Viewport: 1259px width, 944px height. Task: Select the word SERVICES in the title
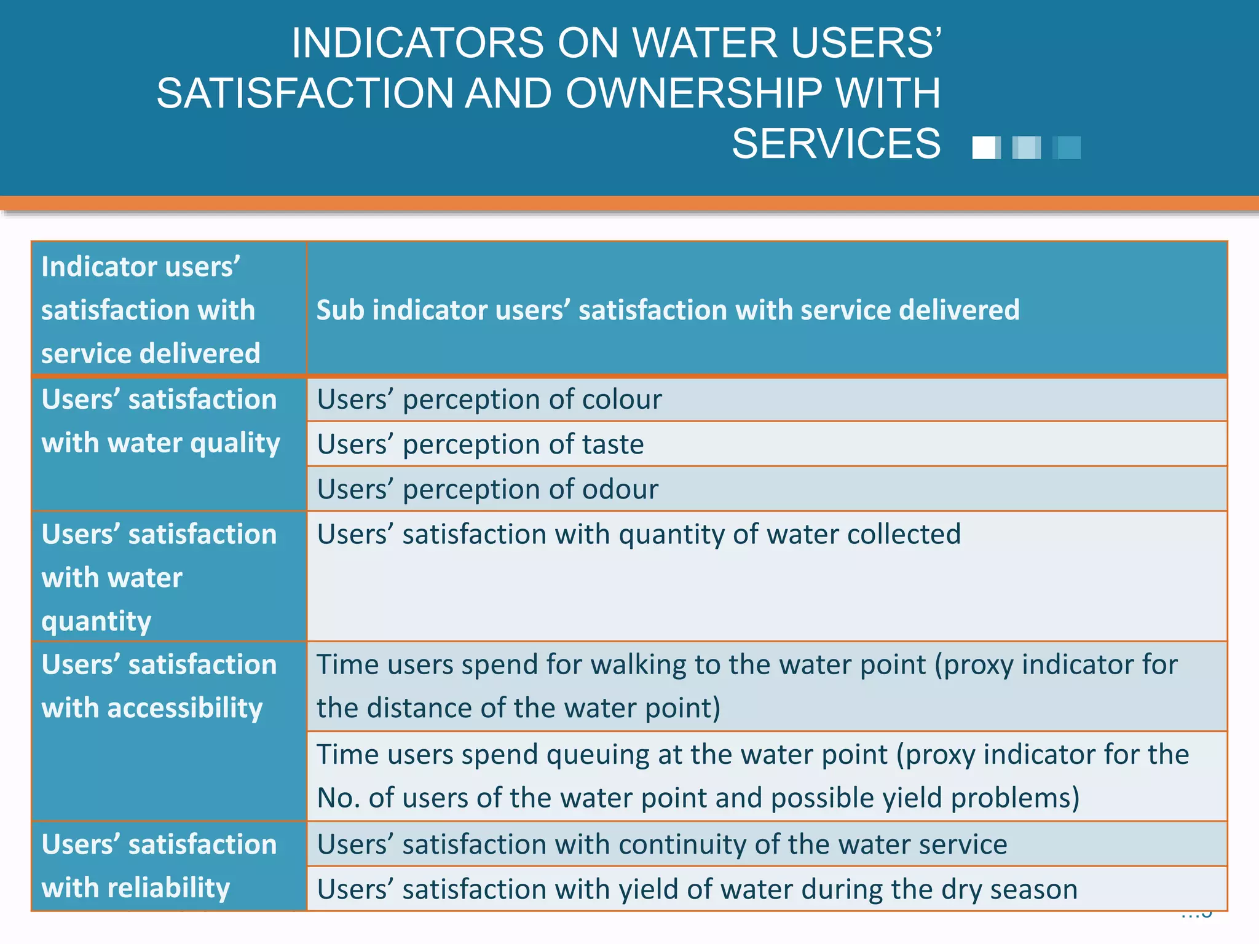(x=835, y=144)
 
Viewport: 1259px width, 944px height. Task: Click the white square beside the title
(x=985, y=148)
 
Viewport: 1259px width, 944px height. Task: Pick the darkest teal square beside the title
(x=1067, y=148)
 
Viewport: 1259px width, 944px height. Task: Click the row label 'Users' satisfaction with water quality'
(x=161, y=422)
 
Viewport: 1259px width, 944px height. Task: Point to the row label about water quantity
(x=159, y=577)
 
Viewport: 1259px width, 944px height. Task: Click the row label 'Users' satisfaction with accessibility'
(x=159, y=686)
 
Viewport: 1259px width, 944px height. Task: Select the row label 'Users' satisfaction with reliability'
(x=159, y=866)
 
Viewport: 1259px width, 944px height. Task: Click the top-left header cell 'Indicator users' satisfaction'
(x=151, y=310)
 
